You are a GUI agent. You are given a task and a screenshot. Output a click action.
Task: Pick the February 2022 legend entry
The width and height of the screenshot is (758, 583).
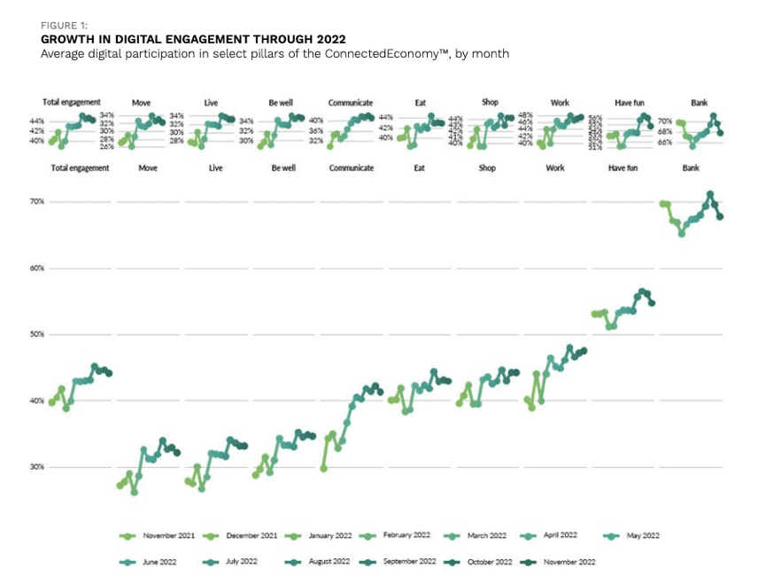click(x=398, y=536)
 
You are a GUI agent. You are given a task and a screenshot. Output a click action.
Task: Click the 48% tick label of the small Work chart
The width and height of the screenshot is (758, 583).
click(x=525, y=115)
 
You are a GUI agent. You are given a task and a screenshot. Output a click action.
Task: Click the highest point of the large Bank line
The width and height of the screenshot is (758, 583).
click(x=709, y=194)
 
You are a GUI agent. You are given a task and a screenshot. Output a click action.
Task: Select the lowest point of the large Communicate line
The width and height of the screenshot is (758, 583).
click(x=324, y=468)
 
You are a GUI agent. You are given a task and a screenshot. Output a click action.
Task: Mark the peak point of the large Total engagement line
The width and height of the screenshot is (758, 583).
click(x=95, y=366)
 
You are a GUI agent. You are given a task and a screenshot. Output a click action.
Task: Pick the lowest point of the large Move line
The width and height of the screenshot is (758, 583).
click(x=134, y=492)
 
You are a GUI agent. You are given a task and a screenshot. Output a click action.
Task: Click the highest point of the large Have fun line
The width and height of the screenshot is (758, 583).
click(x=642, y=291)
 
